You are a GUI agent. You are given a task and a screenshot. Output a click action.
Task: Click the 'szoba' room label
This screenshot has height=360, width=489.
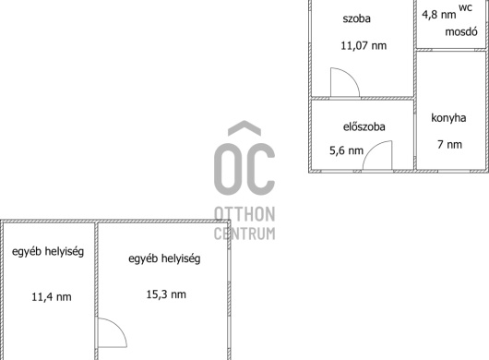[x=356, y=18]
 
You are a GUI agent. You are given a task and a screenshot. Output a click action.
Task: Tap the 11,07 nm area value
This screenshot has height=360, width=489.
[x=364, y=45]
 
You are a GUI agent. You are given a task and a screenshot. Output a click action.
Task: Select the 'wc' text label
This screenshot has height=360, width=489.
[x=466, y=7]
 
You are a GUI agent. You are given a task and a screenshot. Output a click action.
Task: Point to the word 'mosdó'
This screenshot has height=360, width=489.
[x=461, y=31]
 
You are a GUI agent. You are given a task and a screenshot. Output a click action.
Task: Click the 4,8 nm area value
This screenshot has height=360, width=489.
[x=439, y=15]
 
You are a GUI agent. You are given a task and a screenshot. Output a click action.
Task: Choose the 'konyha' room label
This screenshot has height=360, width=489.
[x=448, y=118]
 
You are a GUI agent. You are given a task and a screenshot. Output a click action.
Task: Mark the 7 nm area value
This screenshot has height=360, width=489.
[x=449, y=144]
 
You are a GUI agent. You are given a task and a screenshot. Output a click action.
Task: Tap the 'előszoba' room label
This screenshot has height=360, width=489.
[x=364, y=126]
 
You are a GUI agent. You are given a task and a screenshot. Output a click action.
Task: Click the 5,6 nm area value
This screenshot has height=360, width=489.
[x=347, y=150]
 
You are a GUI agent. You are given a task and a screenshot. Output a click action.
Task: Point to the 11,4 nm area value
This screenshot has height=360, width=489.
[x=52, y=296]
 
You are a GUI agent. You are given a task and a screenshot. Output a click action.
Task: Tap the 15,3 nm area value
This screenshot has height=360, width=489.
[x=166, y=294]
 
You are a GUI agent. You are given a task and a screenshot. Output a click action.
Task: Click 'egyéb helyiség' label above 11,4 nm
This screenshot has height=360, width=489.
[x=48, y=251]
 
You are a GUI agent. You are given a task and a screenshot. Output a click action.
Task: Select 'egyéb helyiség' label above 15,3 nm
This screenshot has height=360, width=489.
[x=164, y=258]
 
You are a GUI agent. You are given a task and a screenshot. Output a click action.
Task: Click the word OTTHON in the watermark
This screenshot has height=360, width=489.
[x=244, y=214]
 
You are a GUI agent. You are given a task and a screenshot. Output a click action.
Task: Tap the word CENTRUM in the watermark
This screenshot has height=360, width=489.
[x=244, y=234]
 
